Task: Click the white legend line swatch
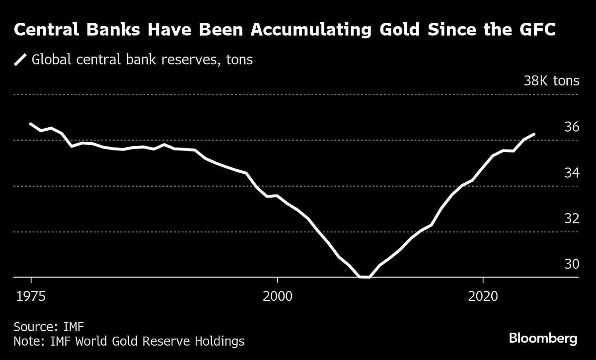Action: [20, 60]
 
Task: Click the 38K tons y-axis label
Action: [551, 81]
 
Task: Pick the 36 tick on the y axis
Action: [572, 127]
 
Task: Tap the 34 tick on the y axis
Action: [572, 173]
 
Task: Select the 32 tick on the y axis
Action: [572, 218]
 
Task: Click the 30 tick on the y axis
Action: [572, 264]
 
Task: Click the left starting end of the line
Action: [31, 124]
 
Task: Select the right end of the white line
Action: [534, 134]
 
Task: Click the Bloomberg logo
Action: [543, 339]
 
